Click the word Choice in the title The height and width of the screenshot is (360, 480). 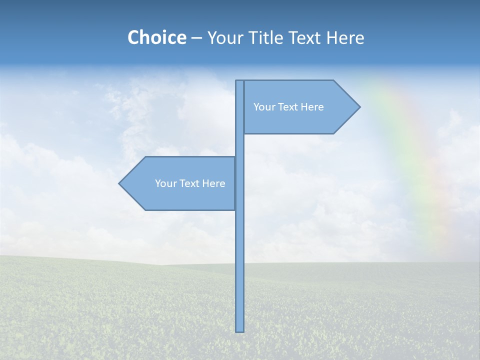pyautogui.click(x=156, y=37)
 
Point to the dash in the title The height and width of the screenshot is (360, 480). pyautogui.click(x=196, y=38)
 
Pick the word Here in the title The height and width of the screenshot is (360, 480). pyautogui.click(x=345, y=37)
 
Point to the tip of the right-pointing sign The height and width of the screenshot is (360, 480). pyautogui.click(x=359, y=106)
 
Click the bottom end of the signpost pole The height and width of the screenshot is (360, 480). pyautogui.click(x=240, y=330)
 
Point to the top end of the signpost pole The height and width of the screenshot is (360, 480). pyautogui.click(x=240, y=81)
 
